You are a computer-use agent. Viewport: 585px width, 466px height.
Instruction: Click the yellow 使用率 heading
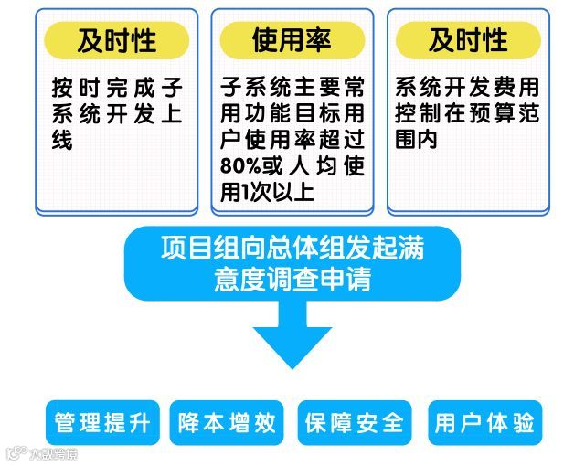(x=292, y=40)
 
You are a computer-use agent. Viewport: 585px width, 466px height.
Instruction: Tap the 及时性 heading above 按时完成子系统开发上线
(x=116, y=40)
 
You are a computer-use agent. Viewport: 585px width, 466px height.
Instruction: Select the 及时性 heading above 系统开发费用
(x=467, y=40)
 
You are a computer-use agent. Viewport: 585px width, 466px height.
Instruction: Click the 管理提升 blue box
(x=102, y=422)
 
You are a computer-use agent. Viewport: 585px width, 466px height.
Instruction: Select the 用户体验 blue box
(x=484, y=422)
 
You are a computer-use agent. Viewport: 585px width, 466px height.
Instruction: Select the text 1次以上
(x=275, y=193)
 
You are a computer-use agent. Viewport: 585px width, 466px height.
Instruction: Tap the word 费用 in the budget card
(x=518, y=89)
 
